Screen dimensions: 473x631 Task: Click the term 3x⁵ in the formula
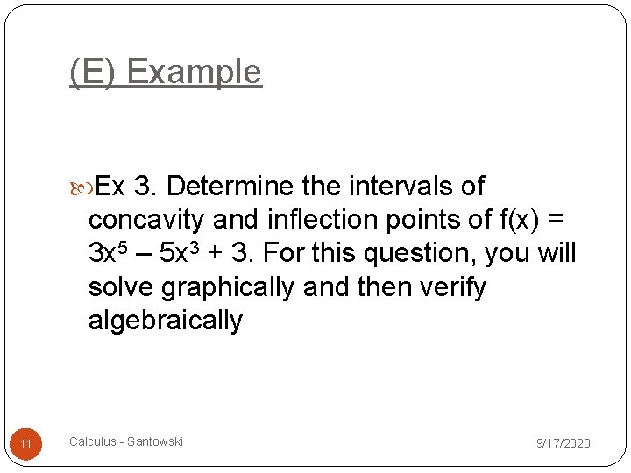109,252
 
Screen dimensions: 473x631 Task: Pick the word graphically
230,286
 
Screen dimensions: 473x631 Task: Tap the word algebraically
165,320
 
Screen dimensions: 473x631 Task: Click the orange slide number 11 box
26,444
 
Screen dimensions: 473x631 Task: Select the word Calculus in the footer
93,441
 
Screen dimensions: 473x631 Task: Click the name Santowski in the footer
154,441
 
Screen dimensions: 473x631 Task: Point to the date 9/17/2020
563,443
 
